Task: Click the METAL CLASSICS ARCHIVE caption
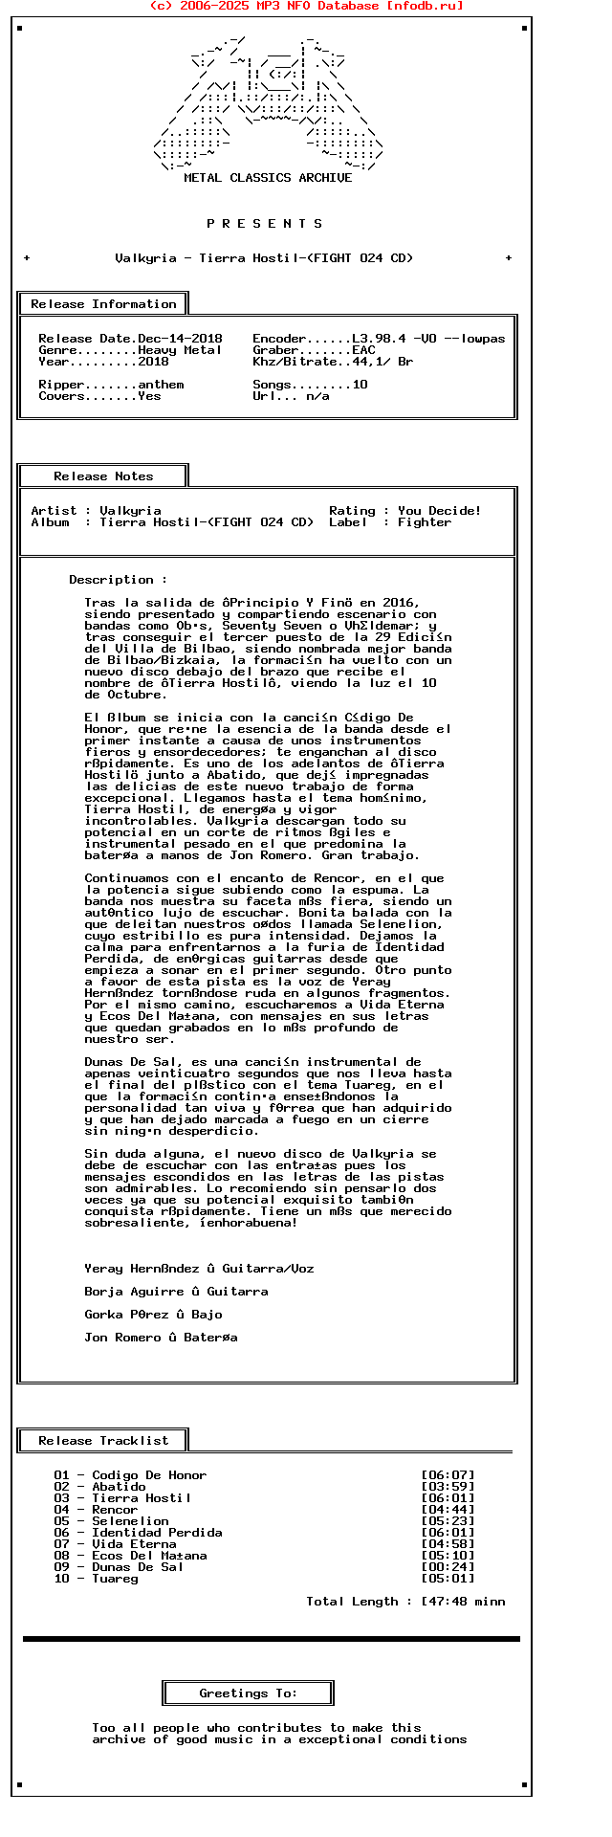(268, 178)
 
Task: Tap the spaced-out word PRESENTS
(265, 224)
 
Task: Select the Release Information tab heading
(103, 304)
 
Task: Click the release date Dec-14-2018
(180, 339)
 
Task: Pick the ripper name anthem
(161, 385)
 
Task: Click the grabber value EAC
(363, 350)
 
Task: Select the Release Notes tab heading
(103, 476)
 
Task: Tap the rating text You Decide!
(440, 511)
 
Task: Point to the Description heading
(118, 580)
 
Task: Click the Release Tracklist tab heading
(103, 1441)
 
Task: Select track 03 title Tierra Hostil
(142, 1498)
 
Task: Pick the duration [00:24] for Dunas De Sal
(448, 1567)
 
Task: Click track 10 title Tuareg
(115, 1579)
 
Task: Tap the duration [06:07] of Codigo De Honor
(448, 1475)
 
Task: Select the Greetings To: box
(249, 1693)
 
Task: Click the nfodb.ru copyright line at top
(306, 6)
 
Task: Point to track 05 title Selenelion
(130, 1521)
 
